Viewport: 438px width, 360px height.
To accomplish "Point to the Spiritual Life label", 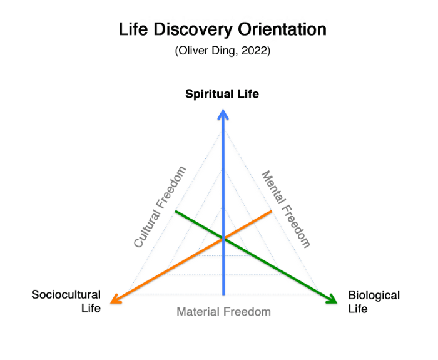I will [x=222, y=94].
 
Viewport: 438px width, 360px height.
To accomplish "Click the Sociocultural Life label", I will [x=66, y=301].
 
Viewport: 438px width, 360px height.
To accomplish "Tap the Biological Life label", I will [x=374, y=301].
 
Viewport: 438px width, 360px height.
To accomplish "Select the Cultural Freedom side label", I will [x=161, y=207].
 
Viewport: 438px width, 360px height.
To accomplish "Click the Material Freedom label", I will [x=223, y=312].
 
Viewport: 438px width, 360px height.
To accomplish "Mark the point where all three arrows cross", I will [x=223, y=238].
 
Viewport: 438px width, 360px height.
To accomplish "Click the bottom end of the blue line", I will [x=223, y=293].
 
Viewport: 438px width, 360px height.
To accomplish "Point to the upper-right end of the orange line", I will [x=271, y=212].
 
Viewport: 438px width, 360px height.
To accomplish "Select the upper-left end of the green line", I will [x=176, y=212].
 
